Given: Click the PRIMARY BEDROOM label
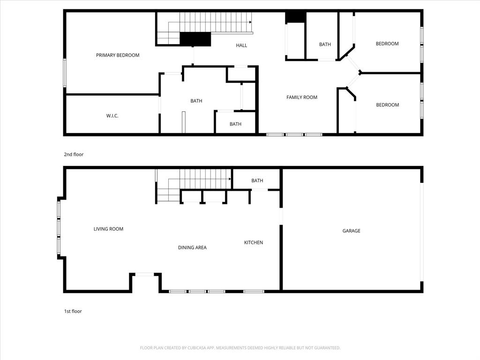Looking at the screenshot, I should click(118, 55).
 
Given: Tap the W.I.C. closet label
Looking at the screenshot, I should click(112, 116).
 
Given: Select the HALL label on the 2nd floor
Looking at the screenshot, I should click(241, 45).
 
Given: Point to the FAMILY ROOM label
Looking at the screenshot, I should click(302, 97).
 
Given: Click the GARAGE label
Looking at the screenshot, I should click(351, 231).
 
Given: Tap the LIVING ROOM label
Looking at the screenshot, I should click(108, 229).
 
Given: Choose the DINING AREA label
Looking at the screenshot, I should click(192, 247).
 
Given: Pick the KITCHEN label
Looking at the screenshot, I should click(254, 243).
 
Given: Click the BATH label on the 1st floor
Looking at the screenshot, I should click(257, 181).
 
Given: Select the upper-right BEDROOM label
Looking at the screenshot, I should click(387, 44).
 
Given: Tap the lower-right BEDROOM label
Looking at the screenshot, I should click(388, 105).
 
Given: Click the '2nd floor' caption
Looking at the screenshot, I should click(74, 154).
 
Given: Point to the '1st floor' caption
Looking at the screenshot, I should click(73, 311).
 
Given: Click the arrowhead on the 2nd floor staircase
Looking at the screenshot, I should click(250, 22).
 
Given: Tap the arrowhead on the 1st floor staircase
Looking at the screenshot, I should click(230, 179).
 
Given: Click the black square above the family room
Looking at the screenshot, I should click(295, 17).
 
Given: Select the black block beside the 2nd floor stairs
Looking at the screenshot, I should click(195, 39).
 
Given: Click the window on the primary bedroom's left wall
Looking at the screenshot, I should click(65, 72).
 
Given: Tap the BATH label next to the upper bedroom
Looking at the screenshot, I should click(325, 45).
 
